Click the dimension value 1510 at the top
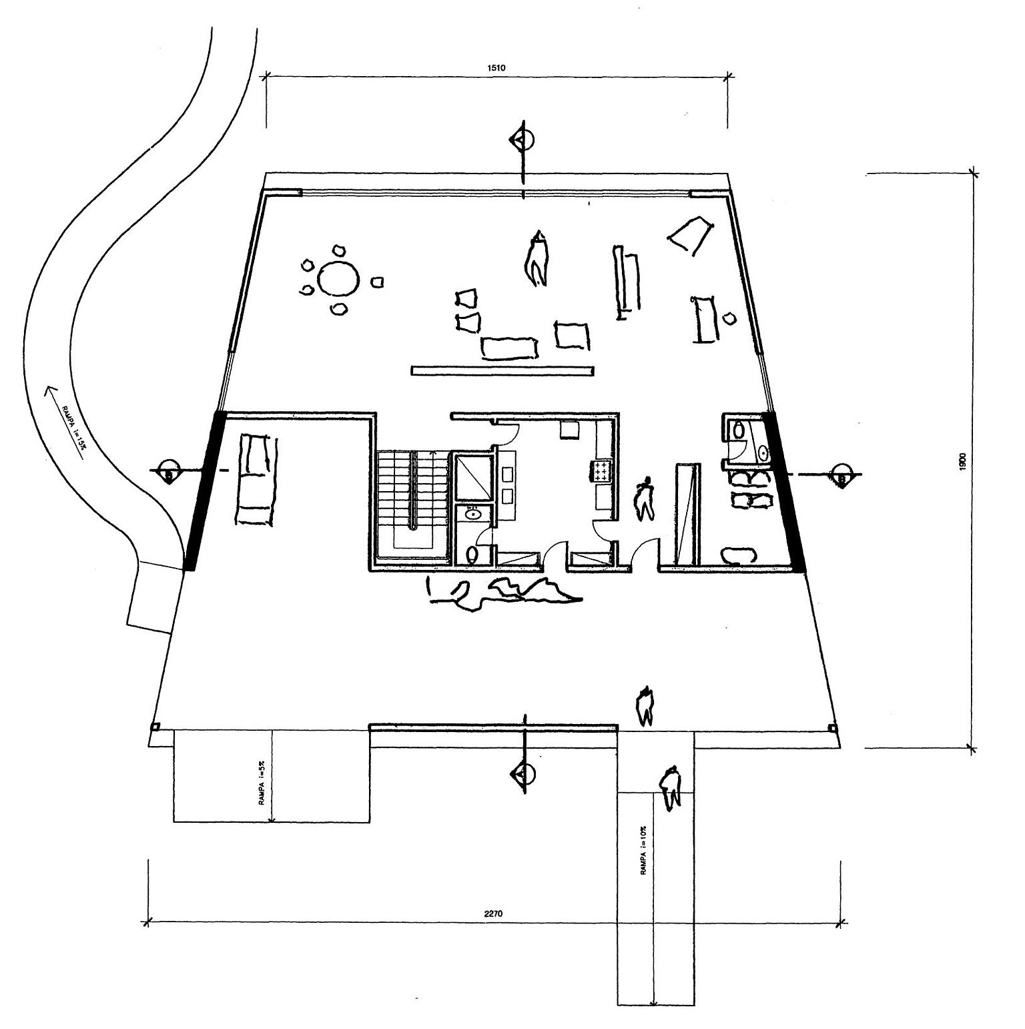(497, 67)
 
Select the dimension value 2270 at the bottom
(493, 914)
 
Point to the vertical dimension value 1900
(963, 461)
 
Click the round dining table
(338, 279)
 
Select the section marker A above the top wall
(523, 140)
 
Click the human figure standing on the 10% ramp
(670, 787)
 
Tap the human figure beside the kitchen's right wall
(645, 498)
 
